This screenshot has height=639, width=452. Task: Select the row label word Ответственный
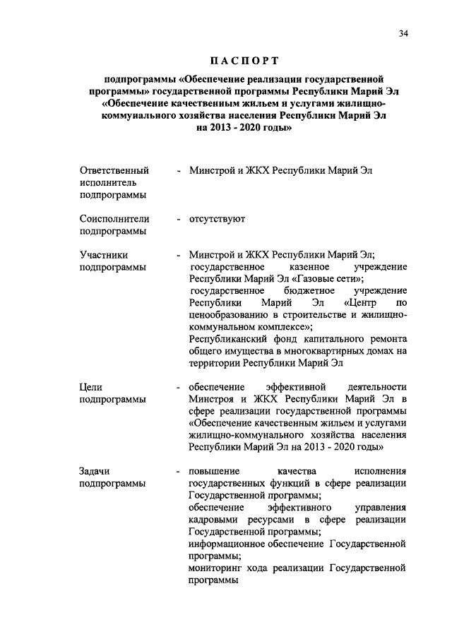[x=114, y=171]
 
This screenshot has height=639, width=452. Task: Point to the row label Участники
[x=104, y=255]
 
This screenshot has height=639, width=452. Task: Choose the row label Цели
[x=91, y=387]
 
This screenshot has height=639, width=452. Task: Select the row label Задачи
[x=95, y=471]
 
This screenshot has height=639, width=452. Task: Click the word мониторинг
[x=218, y=568]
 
